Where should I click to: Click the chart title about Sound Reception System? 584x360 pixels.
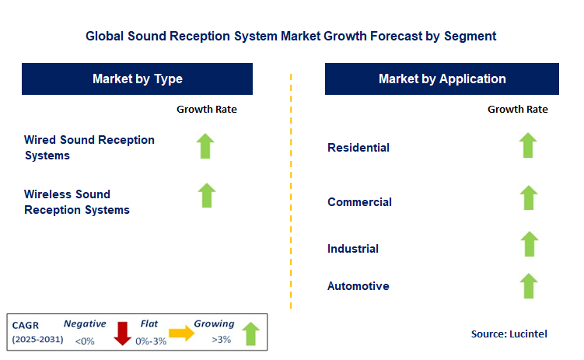291,36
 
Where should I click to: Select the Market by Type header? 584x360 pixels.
137,79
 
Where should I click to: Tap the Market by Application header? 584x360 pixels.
442,79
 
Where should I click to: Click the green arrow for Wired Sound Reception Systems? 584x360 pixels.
205,146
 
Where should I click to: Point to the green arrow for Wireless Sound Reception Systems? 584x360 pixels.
207,195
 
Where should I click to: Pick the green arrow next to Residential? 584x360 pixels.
528,145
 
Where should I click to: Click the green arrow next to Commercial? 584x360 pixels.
529,197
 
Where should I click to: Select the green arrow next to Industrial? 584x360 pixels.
530,244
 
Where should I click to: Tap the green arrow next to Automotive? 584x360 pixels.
529,286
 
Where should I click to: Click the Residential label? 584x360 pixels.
358,148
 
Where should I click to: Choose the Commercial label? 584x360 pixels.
359,202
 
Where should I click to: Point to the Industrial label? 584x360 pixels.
353,249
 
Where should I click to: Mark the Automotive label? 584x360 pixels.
358,286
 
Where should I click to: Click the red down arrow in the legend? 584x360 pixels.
122,334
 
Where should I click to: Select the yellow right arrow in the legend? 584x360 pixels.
181,334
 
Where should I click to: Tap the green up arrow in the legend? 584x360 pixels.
250,334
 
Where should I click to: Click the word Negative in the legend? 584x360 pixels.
85,324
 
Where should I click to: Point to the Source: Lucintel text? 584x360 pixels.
509,334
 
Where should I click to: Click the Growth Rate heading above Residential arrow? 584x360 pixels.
518,109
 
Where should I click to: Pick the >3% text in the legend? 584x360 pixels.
221,340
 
